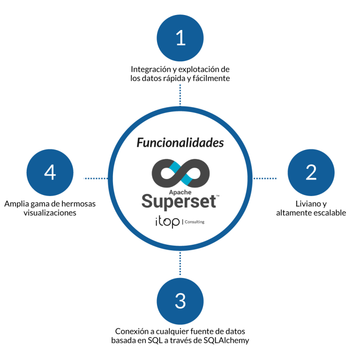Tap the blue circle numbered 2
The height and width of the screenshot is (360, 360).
click(311, 172)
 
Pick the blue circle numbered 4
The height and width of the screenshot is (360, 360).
click(50, 172)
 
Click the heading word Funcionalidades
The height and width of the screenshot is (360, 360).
click(180, 142)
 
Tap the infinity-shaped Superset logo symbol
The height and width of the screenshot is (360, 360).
click(180, 172)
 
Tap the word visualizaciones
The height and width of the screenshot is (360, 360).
click(50, 213)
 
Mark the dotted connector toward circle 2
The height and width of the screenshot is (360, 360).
click(265, 179)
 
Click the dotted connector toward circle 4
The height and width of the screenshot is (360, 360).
click(95, 179)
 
